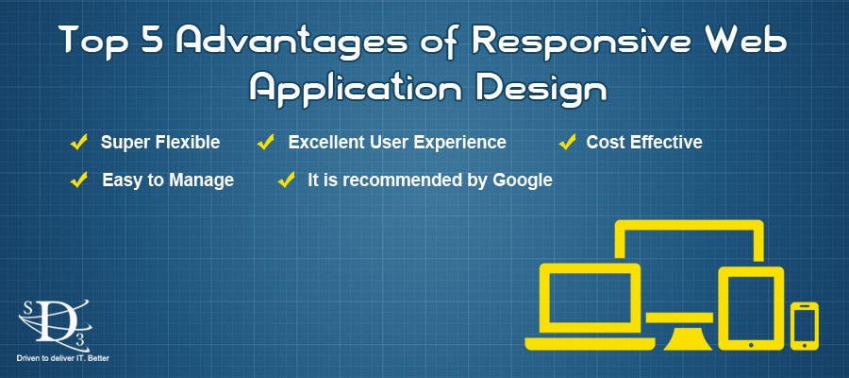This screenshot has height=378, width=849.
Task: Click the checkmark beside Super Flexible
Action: click(x=79, y=143)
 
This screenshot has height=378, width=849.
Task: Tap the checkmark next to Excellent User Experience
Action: click(x=266, y=143)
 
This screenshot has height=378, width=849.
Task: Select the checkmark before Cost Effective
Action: click(x=567, y=143)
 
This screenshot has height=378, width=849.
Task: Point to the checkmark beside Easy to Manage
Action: click(x=79, y=179)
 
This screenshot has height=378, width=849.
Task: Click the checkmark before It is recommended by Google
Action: click(x=286, y=179)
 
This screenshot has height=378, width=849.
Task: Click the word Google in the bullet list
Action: click(x=522, y=180)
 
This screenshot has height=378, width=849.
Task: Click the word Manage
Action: click(x=200, y=180)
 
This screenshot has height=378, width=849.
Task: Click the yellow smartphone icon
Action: click(x=805, y=325)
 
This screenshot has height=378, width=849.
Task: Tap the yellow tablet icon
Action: click(x=751, y=306)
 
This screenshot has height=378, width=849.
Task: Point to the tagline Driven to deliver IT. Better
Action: click(x=63, y=360)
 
